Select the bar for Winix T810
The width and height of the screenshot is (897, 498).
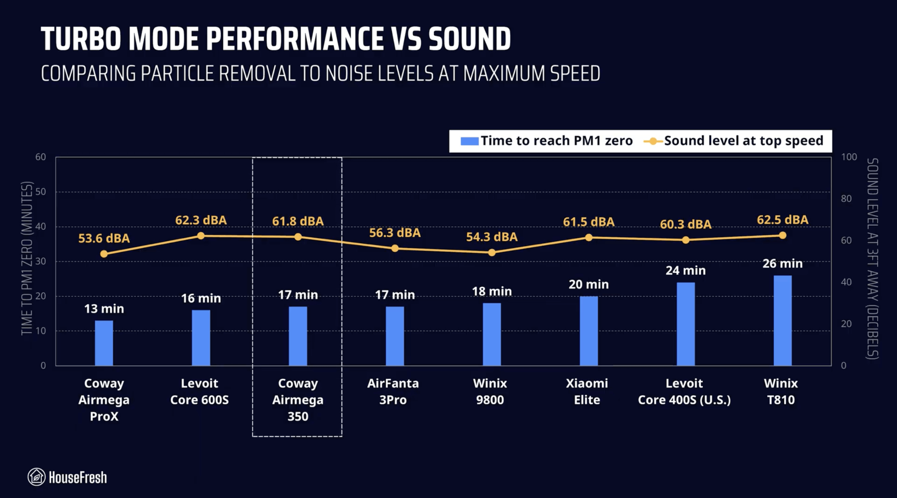[782, 320]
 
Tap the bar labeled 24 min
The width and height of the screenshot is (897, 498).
[685, 324]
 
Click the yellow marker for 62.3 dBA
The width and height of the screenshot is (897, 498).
[201, 236]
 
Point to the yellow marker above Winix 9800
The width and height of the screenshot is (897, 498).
[492, 253]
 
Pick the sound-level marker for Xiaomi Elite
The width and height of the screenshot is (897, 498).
[589, 238]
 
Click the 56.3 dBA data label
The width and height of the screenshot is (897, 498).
[395, 233]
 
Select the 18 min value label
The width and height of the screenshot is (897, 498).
[492, 291]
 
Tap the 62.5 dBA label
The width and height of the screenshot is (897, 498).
[782, 220]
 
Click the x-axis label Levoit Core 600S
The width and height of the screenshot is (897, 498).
[199, 391]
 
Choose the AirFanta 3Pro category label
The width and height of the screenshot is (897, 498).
[393, 391]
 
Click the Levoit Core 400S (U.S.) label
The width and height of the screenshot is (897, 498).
[684, 391]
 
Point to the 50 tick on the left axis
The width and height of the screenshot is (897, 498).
[41, 192]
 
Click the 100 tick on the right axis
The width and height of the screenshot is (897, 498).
[849, 157]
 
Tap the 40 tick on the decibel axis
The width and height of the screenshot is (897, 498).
[846, 282]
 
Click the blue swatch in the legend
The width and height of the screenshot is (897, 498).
[469, 141]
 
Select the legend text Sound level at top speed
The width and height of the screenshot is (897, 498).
[743, 141]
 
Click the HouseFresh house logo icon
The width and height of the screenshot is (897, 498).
[36, 477]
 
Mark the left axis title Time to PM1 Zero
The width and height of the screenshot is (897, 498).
[27, 258]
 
